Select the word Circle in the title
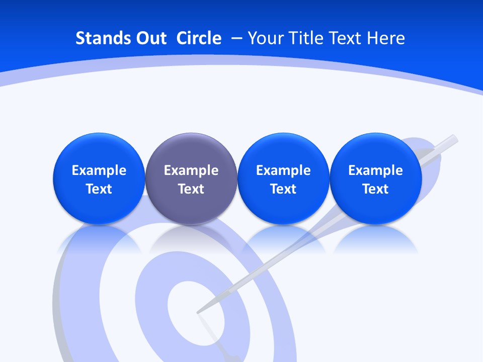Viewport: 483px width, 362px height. point(199,38)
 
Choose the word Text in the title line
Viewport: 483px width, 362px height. point(346,38)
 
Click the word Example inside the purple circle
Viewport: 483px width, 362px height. point(191,170)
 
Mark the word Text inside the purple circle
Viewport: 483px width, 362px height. point(191,189)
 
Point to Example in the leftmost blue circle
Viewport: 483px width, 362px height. point(99,170)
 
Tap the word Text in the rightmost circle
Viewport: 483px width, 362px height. point(375,189)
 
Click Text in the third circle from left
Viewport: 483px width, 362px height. point(283,189)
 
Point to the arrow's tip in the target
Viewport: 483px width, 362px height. point(198,312)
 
